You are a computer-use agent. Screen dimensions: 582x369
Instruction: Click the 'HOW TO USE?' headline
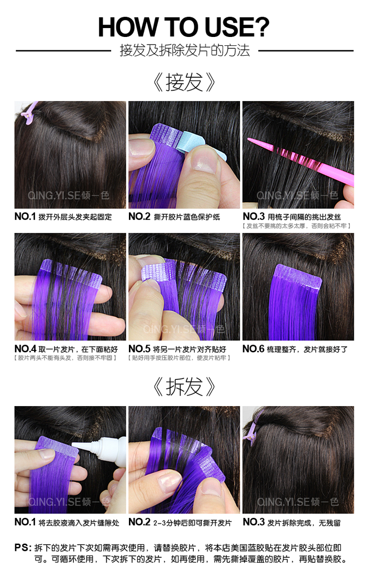point(184,27)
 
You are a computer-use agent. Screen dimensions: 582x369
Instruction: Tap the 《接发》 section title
point(184,82)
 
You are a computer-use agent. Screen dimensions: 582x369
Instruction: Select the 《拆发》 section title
point(184,387)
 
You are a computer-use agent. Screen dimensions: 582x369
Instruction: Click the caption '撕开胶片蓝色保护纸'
point(187,217)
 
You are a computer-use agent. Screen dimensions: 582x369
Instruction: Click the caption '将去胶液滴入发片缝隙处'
point(79,522)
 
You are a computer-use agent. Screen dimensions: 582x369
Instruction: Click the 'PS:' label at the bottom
point(23,548)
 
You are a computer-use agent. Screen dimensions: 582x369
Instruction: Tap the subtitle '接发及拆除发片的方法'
point(184,50)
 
